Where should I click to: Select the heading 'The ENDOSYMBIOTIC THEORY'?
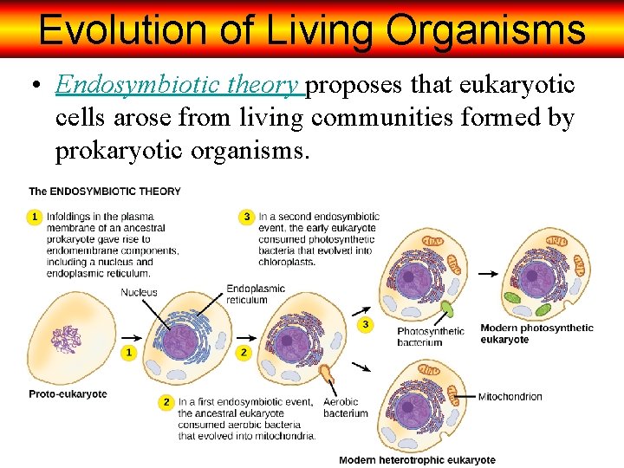(x=105, y=191)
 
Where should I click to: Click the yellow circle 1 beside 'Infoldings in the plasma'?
(x=35, y=216)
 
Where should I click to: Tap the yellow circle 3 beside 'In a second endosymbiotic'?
(x=247, y=216)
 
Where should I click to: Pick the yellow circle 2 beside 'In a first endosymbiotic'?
(x=166, y=402)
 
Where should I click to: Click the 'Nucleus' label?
(x=140, y=292)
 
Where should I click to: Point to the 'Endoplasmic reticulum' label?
(x=256, y=294)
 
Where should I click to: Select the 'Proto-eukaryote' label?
(x=68, y=394)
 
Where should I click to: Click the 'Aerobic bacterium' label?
(x=345, y=407)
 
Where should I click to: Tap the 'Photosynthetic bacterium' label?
(x=431, y=336)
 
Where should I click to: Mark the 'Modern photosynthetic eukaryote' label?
(x=536, y=334)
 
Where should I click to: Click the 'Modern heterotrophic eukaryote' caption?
(x=417, y=459)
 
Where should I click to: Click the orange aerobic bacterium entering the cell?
(x=327, y=374)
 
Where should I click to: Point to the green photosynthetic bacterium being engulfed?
(x=449, y=309)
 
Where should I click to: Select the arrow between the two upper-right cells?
(x=490, y=274)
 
